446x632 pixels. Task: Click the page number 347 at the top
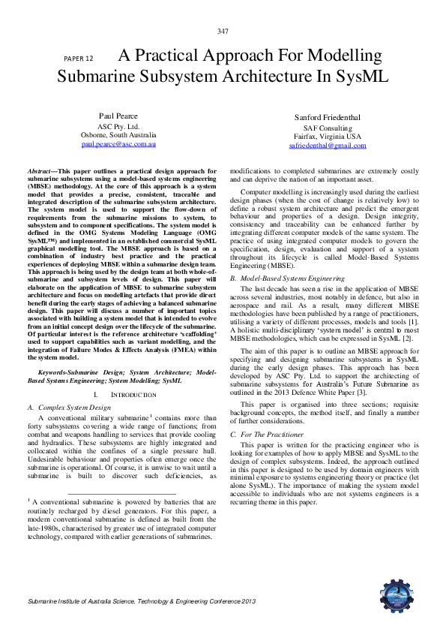[x=223, y=30]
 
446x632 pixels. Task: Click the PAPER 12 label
[x=79, y=58]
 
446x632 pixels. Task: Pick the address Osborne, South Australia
[x=118, y=134]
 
